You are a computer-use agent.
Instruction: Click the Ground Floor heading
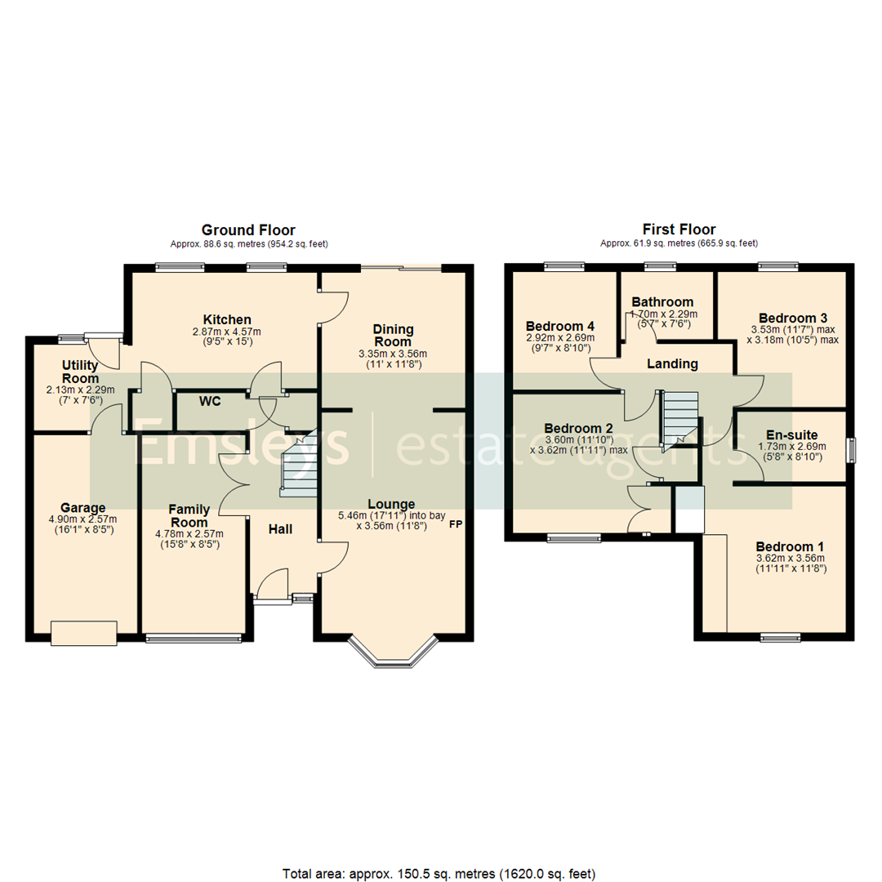pos(248,230)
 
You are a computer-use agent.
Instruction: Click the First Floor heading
pos(679,230)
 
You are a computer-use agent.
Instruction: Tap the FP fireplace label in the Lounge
pos(455,524)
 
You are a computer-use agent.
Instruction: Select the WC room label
pos(211,401)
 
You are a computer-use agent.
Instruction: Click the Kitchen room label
pos(227,318)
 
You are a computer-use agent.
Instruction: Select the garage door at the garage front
pos(83,633)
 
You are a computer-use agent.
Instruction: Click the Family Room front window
pos(194,638)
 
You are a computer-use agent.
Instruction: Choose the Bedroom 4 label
pos(559,325)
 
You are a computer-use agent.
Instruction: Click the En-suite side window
pos(851,450)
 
